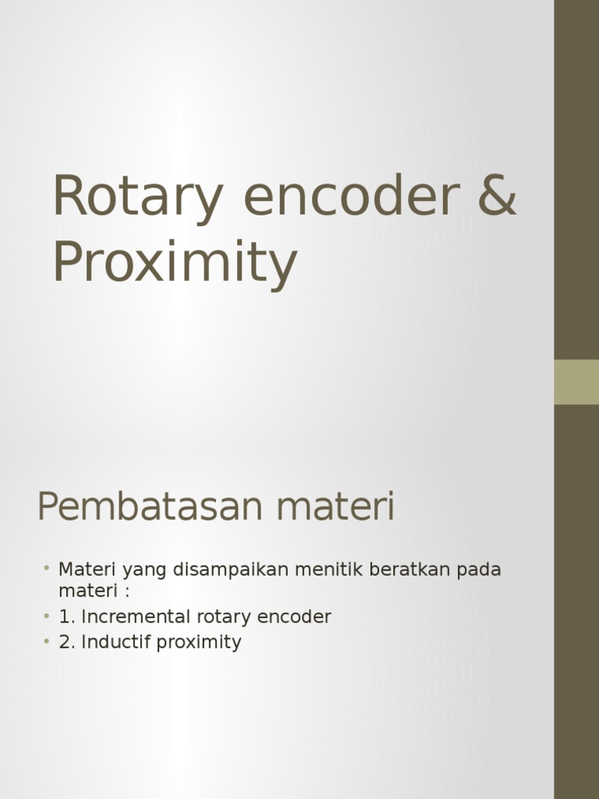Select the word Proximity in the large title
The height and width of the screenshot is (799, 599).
(x=175, y=263)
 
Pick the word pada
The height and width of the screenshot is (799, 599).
(x=478, y=570)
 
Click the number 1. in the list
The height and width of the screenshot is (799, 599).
(x=66, y=617)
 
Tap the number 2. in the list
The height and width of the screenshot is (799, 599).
(x=66, y=642)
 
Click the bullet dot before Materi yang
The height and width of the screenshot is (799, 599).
(x=47, y=567)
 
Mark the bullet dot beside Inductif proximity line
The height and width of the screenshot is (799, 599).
(x=47, y=641)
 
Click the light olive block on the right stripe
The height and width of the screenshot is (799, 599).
(x=576, y=382)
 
